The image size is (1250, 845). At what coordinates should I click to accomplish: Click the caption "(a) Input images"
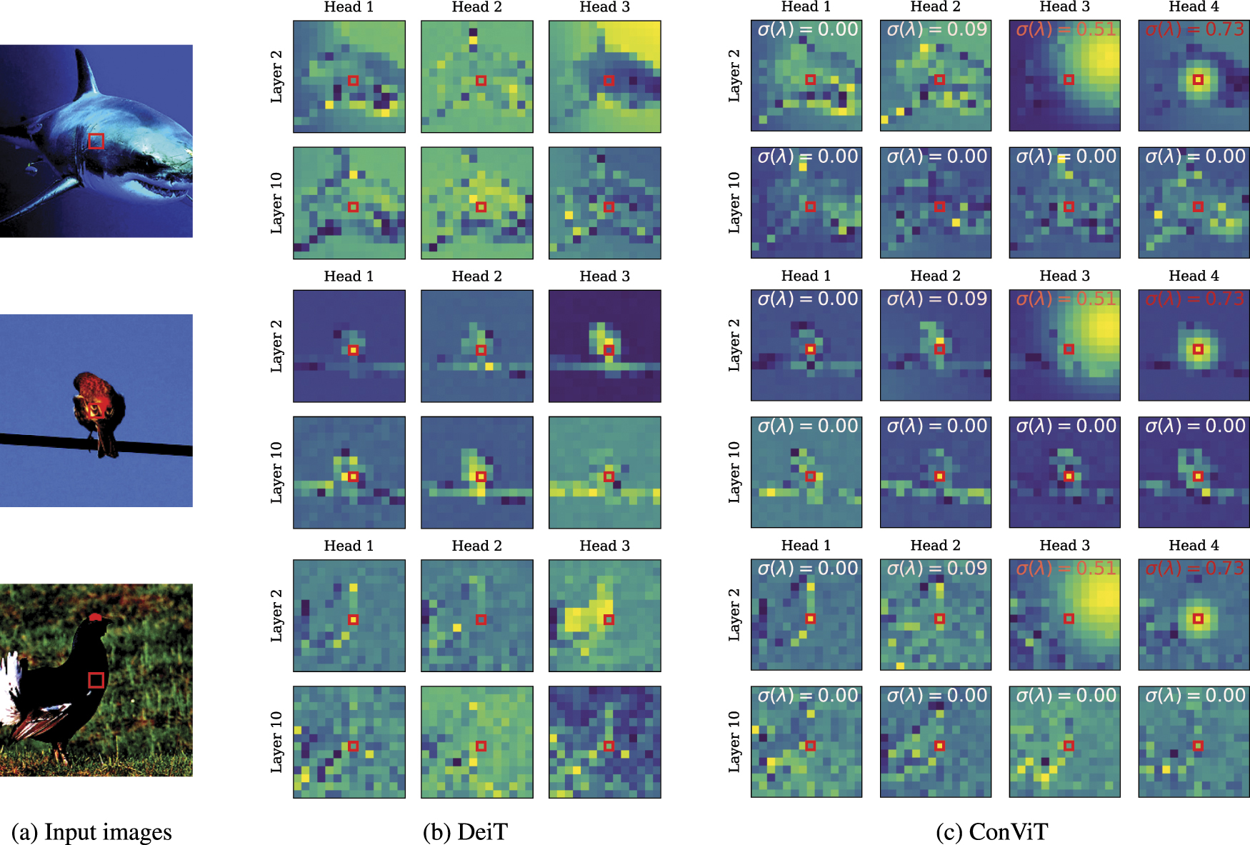[91, 832]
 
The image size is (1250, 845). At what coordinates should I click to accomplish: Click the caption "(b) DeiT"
[465, 832]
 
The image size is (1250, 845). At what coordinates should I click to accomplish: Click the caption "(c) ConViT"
[991, 832]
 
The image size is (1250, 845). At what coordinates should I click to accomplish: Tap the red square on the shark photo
[96, 141]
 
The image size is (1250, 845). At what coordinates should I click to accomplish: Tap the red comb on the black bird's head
[96, 616]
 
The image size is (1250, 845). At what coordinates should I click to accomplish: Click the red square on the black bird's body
[96, 680]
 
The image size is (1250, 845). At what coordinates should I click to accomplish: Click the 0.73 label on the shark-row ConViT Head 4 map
[1224, 29]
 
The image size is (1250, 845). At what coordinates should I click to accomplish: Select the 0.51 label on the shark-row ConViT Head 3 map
[1096, 29]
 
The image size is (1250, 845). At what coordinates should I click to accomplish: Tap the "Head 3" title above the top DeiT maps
[604, 7]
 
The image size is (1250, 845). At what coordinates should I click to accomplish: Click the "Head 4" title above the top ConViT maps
[1194, 7]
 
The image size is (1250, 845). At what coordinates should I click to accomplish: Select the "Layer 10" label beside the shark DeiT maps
[276, 203]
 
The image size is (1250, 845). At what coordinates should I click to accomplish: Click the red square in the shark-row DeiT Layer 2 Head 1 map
[353, 80]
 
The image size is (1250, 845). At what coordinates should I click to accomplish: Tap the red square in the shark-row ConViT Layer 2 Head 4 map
[1198, 79]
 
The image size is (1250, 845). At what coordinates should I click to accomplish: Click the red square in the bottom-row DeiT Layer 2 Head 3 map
[609, 619]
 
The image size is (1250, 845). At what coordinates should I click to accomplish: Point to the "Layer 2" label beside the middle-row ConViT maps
[734, 345]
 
